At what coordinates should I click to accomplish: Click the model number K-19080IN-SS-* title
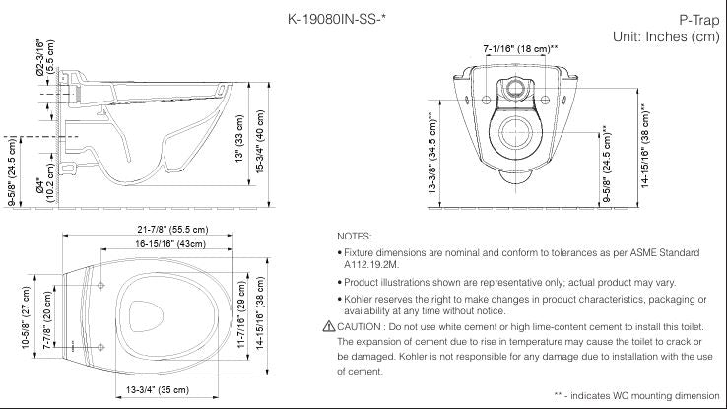point(344,18)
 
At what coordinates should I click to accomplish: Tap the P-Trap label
point(694,19)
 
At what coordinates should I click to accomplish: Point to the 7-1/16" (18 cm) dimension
point(520,48)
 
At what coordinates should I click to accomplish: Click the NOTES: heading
point(354,237)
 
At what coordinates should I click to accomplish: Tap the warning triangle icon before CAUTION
point(328,326)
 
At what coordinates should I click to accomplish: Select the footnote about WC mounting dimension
point(636,394)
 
